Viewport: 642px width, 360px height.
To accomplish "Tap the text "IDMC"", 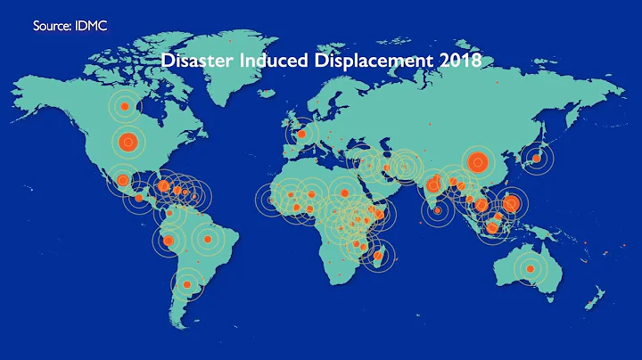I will click(93, 26).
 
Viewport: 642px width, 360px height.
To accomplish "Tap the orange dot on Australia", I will click(531, 268).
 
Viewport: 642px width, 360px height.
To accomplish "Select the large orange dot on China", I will click(477, 162).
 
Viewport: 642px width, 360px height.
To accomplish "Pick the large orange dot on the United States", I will click(127, 140).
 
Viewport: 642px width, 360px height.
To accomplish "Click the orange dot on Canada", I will click(125, 107).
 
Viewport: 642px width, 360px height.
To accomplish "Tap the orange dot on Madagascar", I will click(381, 257).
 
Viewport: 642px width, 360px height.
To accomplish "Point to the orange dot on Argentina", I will click(186, 285).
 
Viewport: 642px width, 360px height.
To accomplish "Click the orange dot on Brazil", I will click(207, 239).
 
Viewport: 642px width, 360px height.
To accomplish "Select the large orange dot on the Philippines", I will click(510, 203).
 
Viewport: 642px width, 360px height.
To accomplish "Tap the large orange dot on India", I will click(432, 186).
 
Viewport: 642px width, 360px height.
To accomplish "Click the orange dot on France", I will click(302, 135).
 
